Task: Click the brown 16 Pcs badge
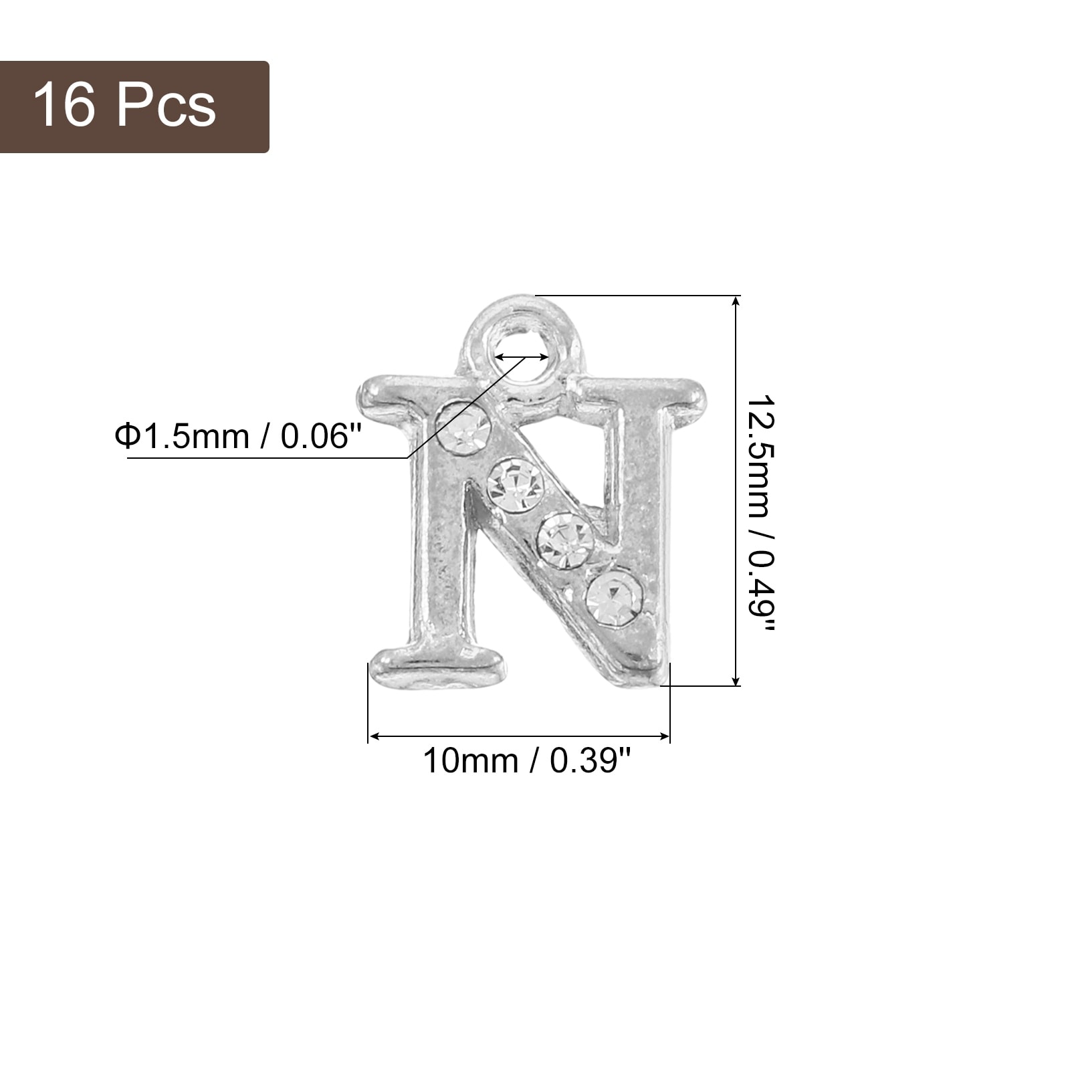tap(134, 107)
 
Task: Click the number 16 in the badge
tap(64, 105)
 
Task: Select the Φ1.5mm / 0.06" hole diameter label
tap(239, 437)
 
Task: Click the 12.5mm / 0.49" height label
tap(761, 514)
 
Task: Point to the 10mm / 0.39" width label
tap(527, 760)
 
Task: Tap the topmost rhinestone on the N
tap(463, 427)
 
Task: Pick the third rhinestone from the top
tap(566, 540)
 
